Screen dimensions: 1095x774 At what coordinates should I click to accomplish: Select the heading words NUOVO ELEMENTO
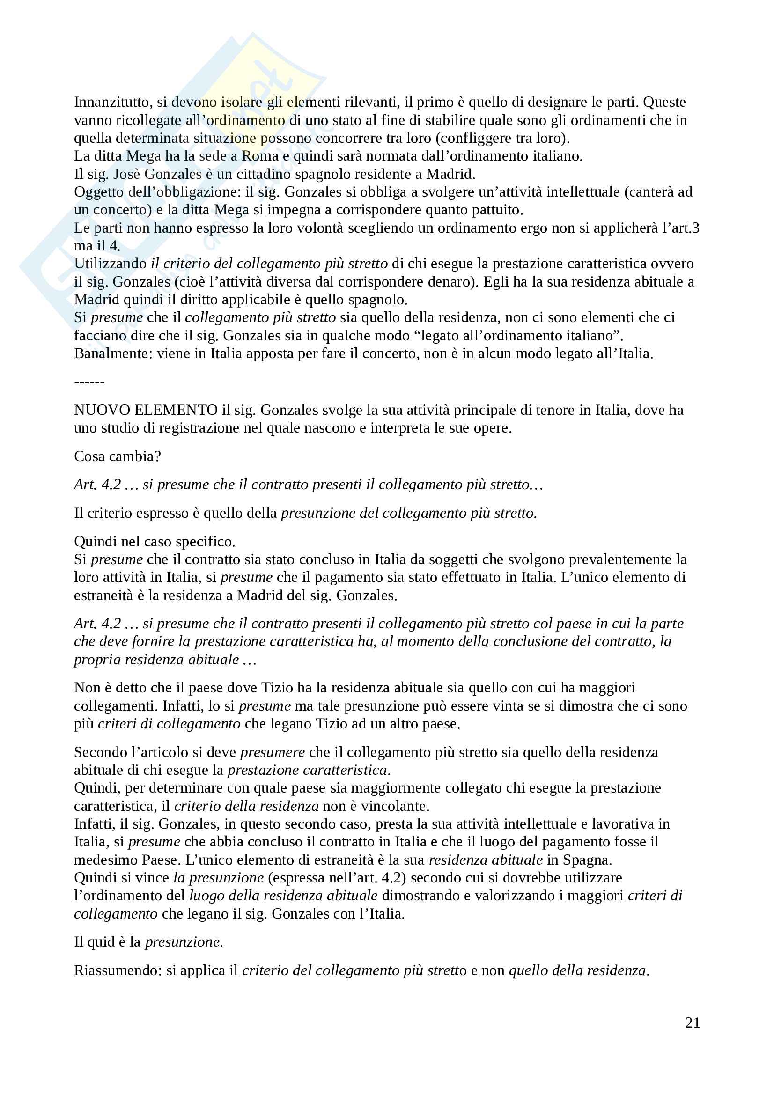[146, 410]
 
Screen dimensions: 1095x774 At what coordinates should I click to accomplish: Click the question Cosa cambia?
[118, 456]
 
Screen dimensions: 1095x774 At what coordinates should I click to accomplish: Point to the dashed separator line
[89, 382]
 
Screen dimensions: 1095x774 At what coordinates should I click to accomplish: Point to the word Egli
[496, 282]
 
